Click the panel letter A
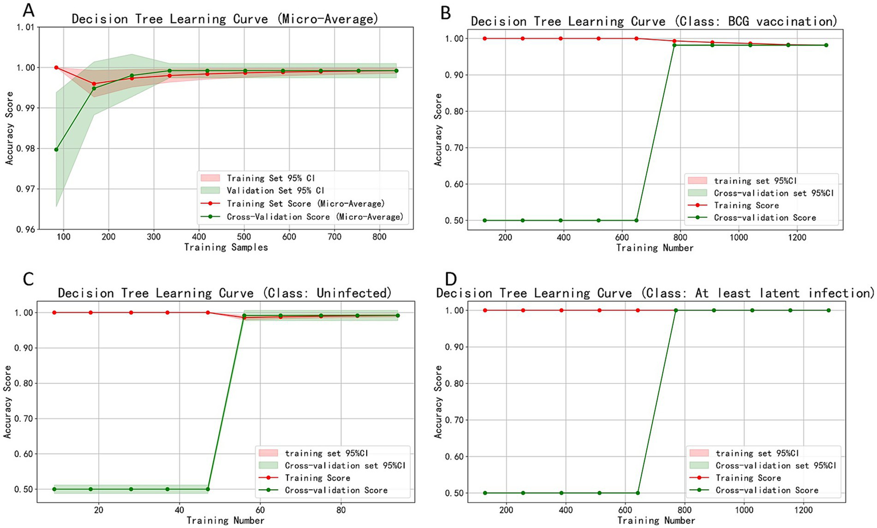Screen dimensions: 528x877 12,10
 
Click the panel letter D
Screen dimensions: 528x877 451,279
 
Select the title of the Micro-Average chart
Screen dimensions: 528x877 225,19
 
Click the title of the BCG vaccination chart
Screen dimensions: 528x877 654,22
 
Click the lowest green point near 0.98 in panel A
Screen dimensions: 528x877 56,150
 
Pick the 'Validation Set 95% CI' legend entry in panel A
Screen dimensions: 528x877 275,191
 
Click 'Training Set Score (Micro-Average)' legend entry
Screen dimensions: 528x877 305,204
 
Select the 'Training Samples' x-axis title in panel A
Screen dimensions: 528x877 226,247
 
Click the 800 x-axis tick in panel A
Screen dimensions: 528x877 379,237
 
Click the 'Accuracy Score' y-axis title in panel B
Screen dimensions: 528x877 438,130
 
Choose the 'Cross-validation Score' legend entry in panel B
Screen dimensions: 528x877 764,217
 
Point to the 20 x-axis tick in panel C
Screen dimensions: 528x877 98,510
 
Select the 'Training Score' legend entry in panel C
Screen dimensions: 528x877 317,478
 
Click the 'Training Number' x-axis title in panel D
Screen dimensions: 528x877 656,521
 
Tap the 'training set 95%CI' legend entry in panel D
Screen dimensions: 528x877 756,453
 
